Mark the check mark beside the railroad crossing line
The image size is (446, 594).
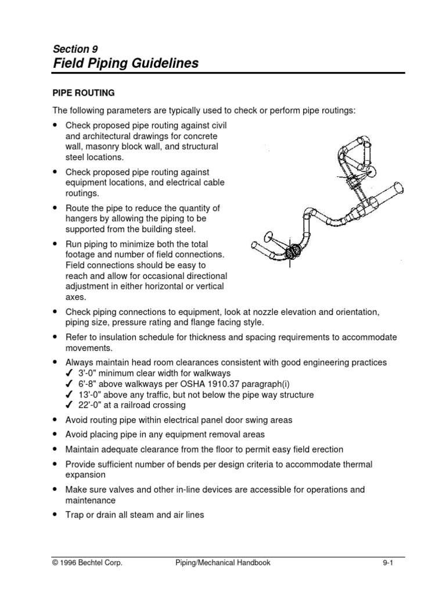pyautogui.click(x=69, y=405)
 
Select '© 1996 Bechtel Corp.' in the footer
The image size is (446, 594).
pyautogui.click(x=88, y=562)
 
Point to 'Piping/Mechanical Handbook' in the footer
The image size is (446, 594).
pyautogui.click(x=222, y=562)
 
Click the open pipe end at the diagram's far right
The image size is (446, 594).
pyautogui.click(x=398, y=190)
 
